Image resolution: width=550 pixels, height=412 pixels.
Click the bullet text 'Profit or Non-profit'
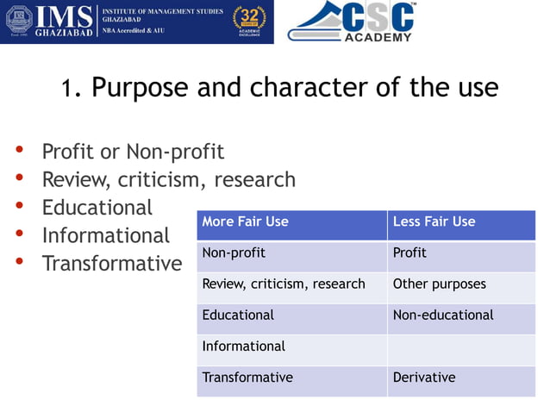point(133,153)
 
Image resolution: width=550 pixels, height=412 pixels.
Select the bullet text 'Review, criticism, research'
point(168,180)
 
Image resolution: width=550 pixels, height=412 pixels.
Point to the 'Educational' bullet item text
point(97,208)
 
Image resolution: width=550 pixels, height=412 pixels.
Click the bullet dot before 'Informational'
point(19,234)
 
